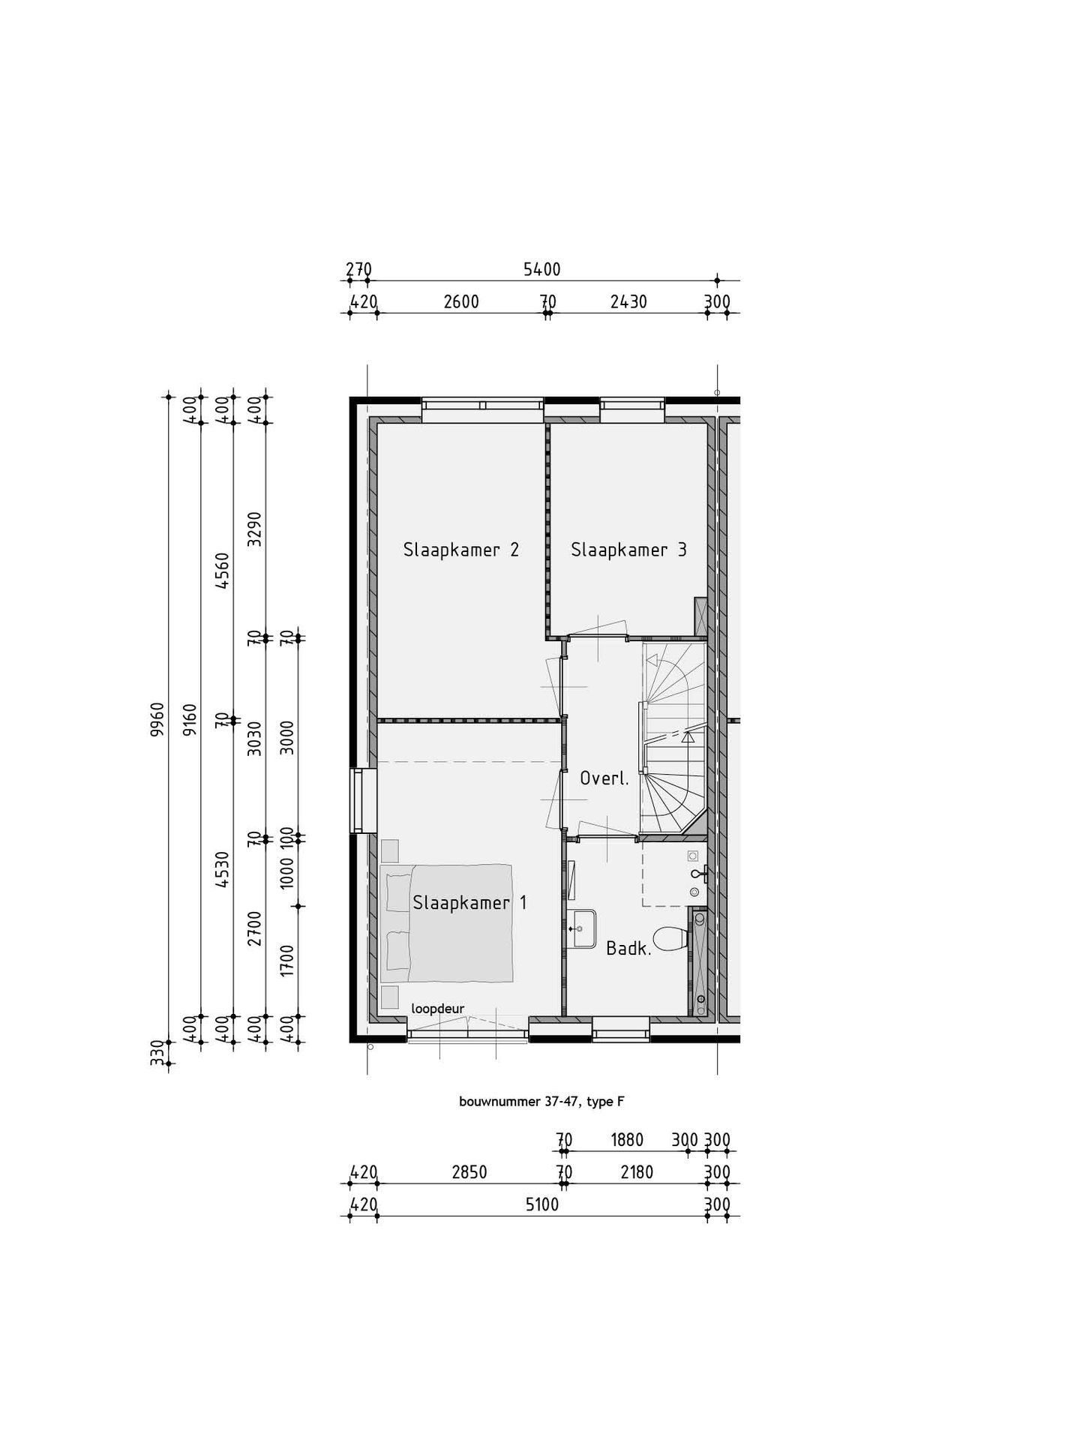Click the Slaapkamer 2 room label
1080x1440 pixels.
click(x=460, y=550)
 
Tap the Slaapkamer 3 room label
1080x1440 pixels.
click(x=628, y=550)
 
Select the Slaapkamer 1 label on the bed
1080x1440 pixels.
click(x=469, y=902)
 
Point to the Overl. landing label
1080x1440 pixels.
click(x=604, y=778)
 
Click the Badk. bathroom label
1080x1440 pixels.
click(x=628, y=949)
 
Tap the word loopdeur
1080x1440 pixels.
click(x=437, y=1008)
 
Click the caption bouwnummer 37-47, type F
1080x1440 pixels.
click(x=541, y=1101)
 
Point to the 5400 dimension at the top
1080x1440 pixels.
click(x=541, y=269)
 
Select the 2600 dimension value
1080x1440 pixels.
click(x=460, y=302)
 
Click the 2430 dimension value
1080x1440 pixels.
click(x=628, y=302)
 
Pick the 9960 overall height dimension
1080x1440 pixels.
click(x=157, y=719)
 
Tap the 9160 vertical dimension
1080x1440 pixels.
click(x=190, y=719)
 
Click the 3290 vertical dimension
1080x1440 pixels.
click(x=255, y=529)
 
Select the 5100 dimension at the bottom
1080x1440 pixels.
click(x=541, y=1204)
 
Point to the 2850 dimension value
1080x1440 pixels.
click(x=469, y=1172)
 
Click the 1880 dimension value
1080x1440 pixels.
click(x=627, y=1140)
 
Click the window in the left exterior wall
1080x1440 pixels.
click(x=362, y=800)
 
